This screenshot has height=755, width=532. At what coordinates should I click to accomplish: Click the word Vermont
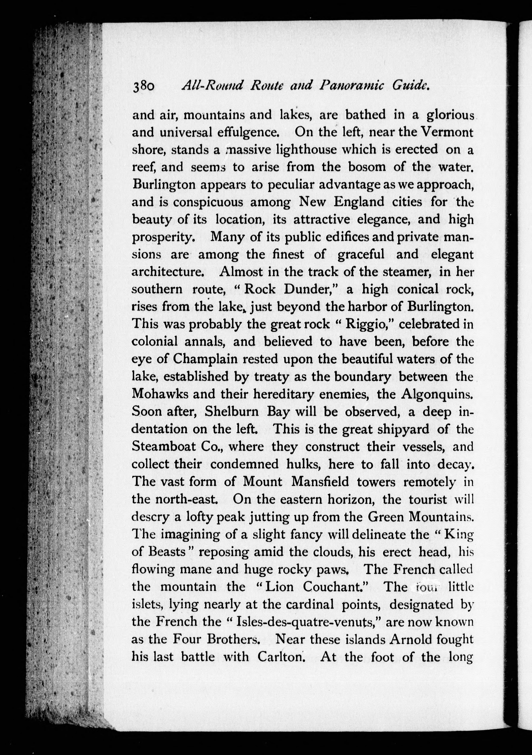point(448,132)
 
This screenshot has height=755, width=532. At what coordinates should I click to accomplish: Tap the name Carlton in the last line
point(280,657)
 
